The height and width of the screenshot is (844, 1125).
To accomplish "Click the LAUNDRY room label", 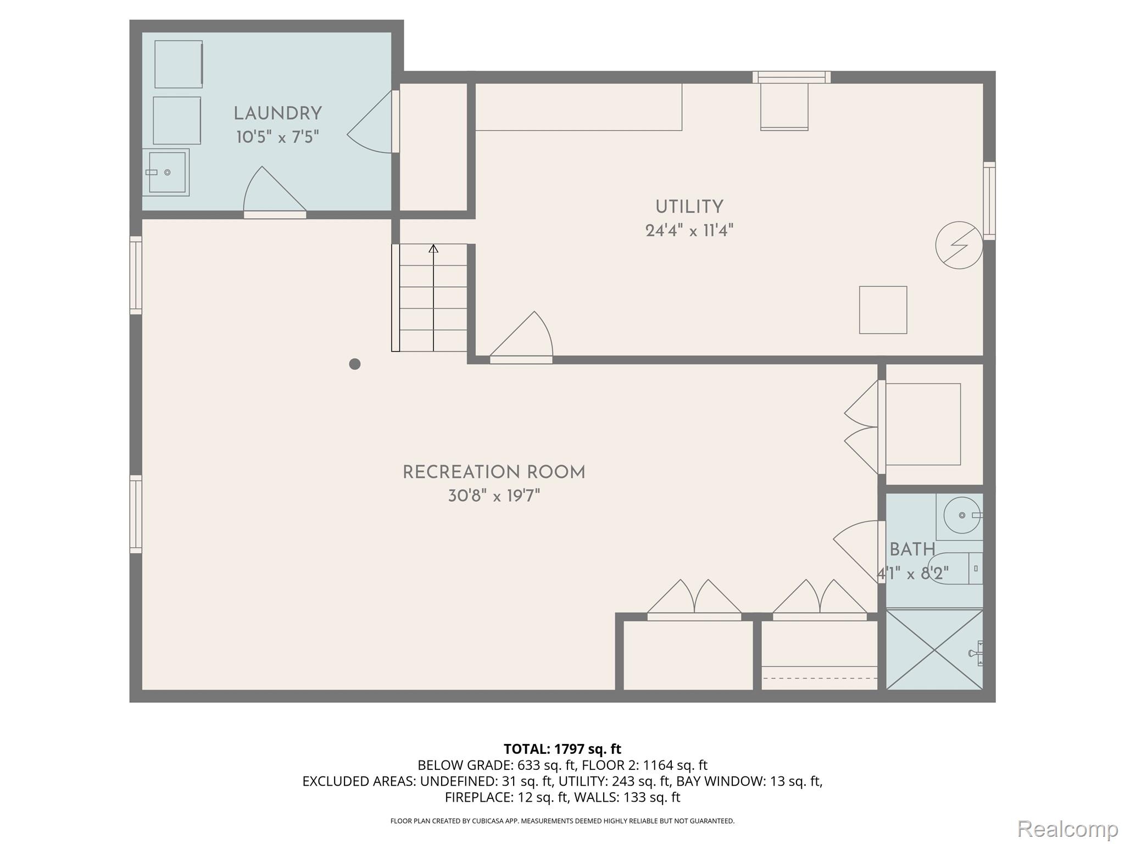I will point(277,114).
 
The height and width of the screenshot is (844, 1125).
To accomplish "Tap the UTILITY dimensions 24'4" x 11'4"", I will point(689,231).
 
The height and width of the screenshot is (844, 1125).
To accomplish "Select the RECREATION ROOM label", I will point(494,473).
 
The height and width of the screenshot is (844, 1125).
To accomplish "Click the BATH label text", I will point(912,549).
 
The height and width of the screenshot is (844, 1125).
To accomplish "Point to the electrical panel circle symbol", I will point(959,245).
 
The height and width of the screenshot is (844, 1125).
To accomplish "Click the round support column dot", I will point(355,364).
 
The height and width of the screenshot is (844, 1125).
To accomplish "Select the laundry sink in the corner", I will point(166,173).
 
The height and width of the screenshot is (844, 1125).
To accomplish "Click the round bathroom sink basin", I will point(962,515).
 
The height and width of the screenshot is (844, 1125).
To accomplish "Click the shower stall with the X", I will point(934,649).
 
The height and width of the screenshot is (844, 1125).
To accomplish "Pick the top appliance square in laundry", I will point(179,64).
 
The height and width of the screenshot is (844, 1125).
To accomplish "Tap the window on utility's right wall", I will point(989,201).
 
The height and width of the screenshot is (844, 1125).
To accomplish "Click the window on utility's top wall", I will point(791,77).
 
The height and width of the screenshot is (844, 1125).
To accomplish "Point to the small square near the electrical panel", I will point(883,310).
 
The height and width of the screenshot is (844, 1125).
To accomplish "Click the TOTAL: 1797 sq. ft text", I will point(562,749).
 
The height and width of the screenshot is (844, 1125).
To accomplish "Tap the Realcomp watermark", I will point(1067,829).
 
